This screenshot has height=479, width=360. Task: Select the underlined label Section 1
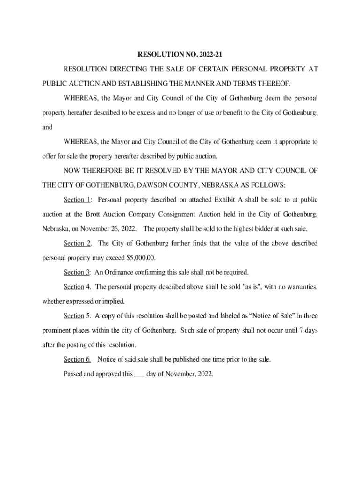77,200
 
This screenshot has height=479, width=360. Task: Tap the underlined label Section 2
77,243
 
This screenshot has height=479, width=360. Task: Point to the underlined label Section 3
77,272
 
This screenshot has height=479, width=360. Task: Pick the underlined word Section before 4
74,287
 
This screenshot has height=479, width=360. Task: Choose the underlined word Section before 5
74,316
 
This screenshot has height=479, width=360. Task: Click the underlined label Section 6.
77,359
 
